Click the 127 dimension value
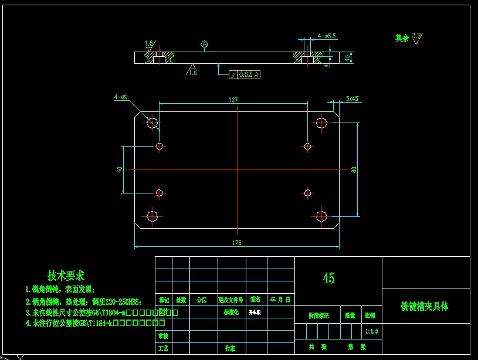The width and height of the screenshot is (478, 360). point(233,100)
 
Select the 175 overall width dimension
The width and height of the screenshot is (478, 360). point(236,242)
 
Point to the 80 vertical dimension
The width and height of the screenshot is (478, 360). point(354,169)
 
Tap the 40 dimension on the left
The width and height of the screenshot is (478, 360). point(120,169)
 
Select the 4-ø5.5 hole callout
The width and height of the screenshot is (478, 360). point(327,36)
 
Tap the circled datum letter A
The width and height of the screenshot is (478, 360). point(204,44)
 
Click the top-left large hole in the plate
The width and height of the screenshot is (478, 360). point(152,123)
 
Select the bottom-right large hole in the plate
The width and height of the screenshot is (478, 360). point(321,216)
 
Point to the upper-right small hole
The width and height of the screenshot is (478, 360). point(307,145)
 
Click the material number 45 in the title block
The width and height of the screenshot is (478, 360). point(328,278)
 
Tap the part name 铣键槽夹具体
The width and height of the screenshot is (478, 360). point(425,306)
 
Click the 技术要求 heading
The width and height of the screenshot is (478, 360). point(66,275)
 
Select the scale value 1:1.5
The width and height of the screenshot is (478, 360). point(371,331)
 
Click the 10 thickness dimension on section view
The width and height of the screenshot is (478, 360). point(348,57)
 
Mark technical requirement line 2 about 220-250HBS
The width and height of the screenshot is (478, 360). point(83,301)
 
